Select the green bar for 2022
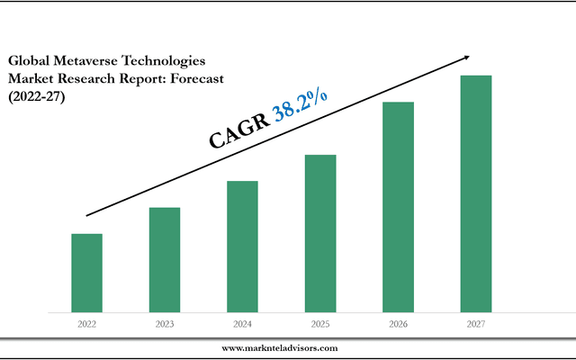point(86,273)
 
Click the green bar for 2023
point(164,259)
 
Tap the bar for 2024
point(242,247)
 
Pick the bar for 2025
point(319,233)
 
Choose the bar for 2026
point(398,207)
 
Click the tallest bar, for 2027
point(475,193)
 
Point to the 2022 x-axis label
point(86,323)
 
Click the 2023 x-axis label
point(164,323)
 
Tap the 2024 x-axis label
point(242,323)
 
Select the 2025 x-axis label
point(319,323)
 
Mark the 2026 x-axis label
point(398,323)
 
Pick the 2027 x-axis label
point(475,323)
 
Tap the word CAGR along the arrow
point(239,131)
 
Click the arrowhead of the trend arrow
point(464,57)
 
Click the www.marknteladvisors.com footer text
point(280,347)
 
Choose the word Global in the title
point(28,60)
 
